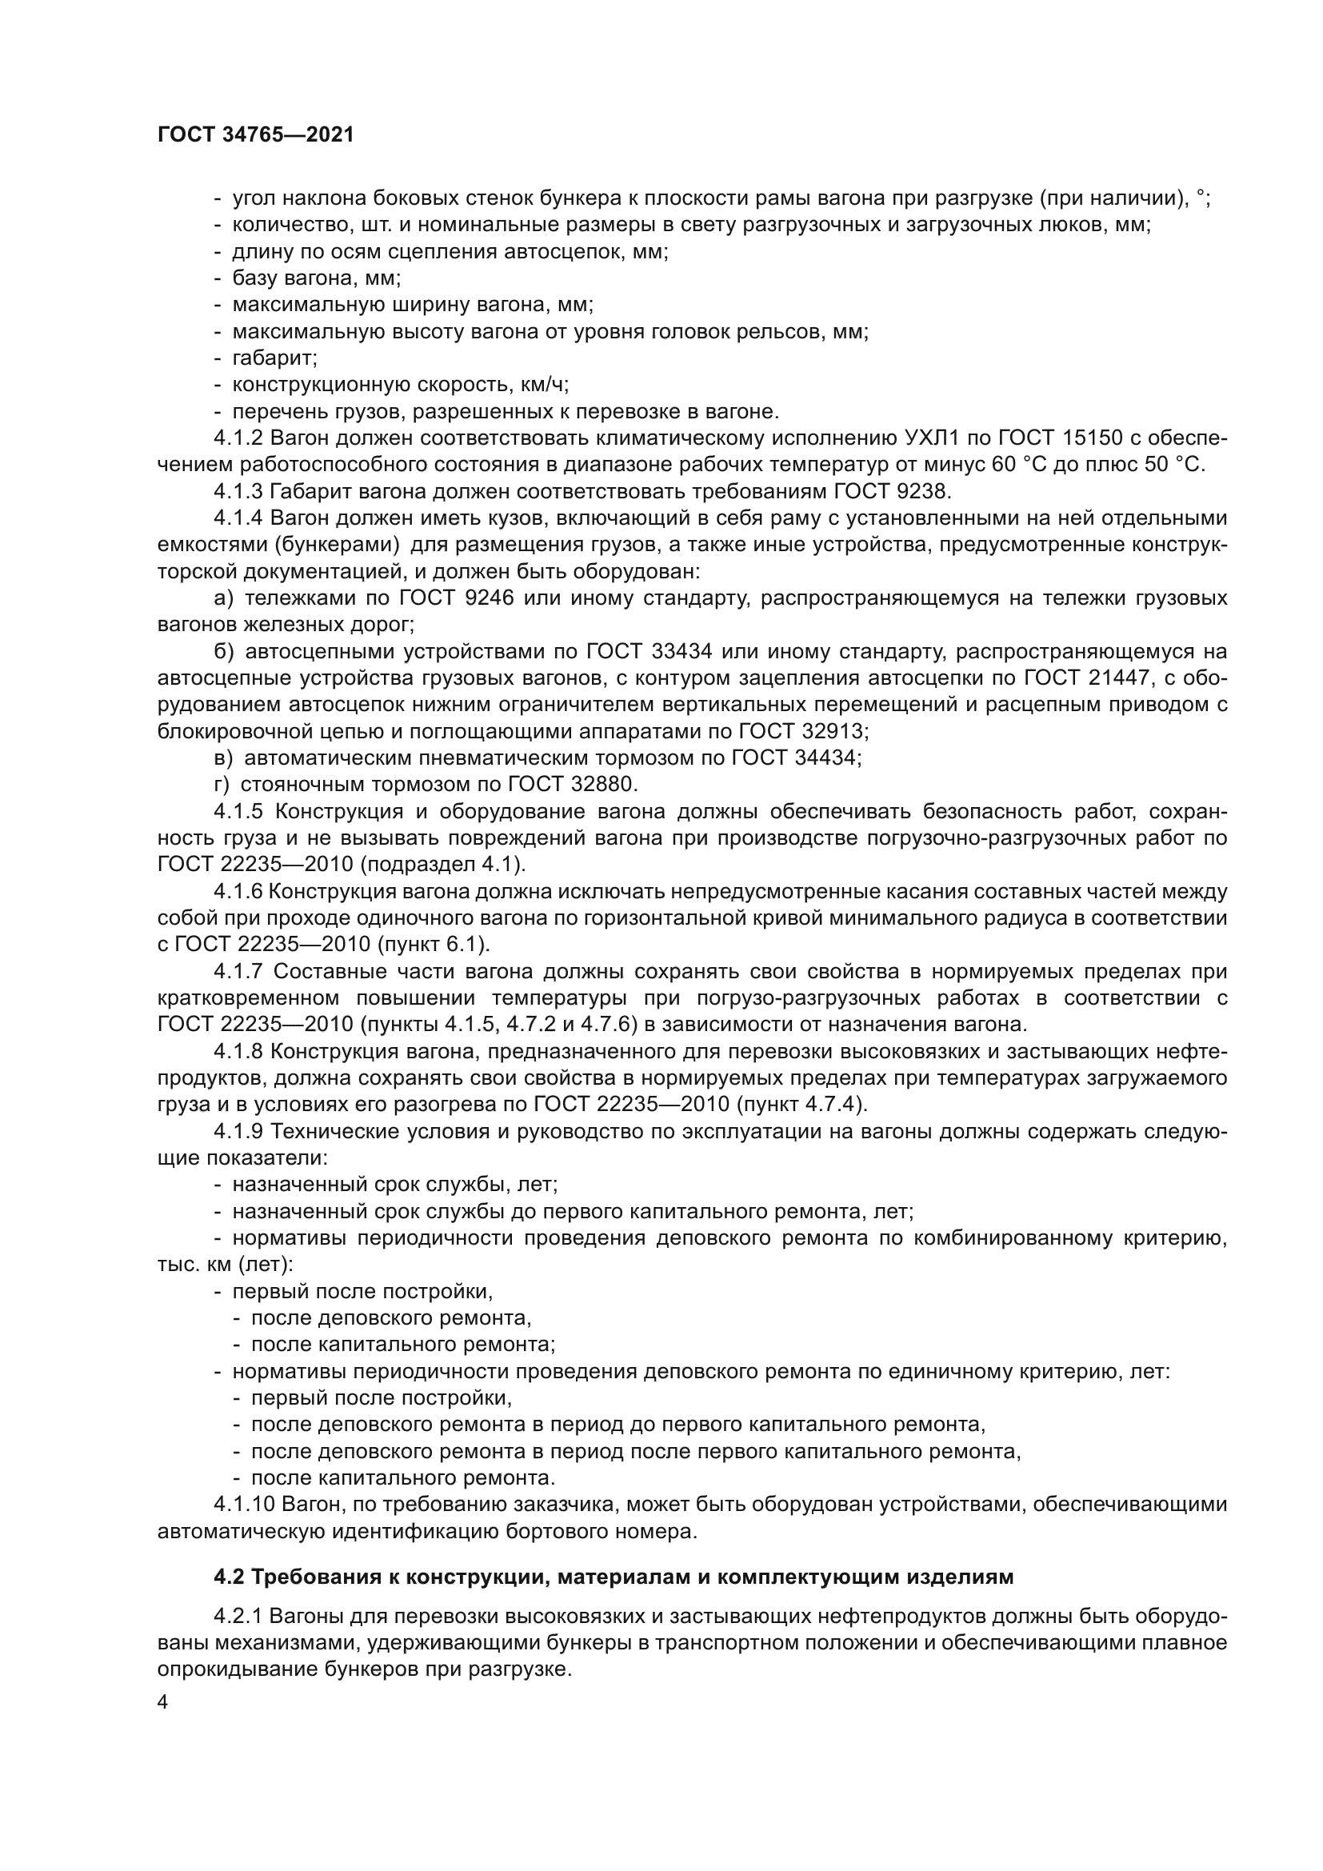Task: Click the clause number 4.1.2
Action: (x=238, y=438)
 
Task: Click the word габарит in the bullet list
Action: (x=274, y=358)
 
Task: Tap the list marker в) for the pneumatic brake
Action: (x=223, y=758)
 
